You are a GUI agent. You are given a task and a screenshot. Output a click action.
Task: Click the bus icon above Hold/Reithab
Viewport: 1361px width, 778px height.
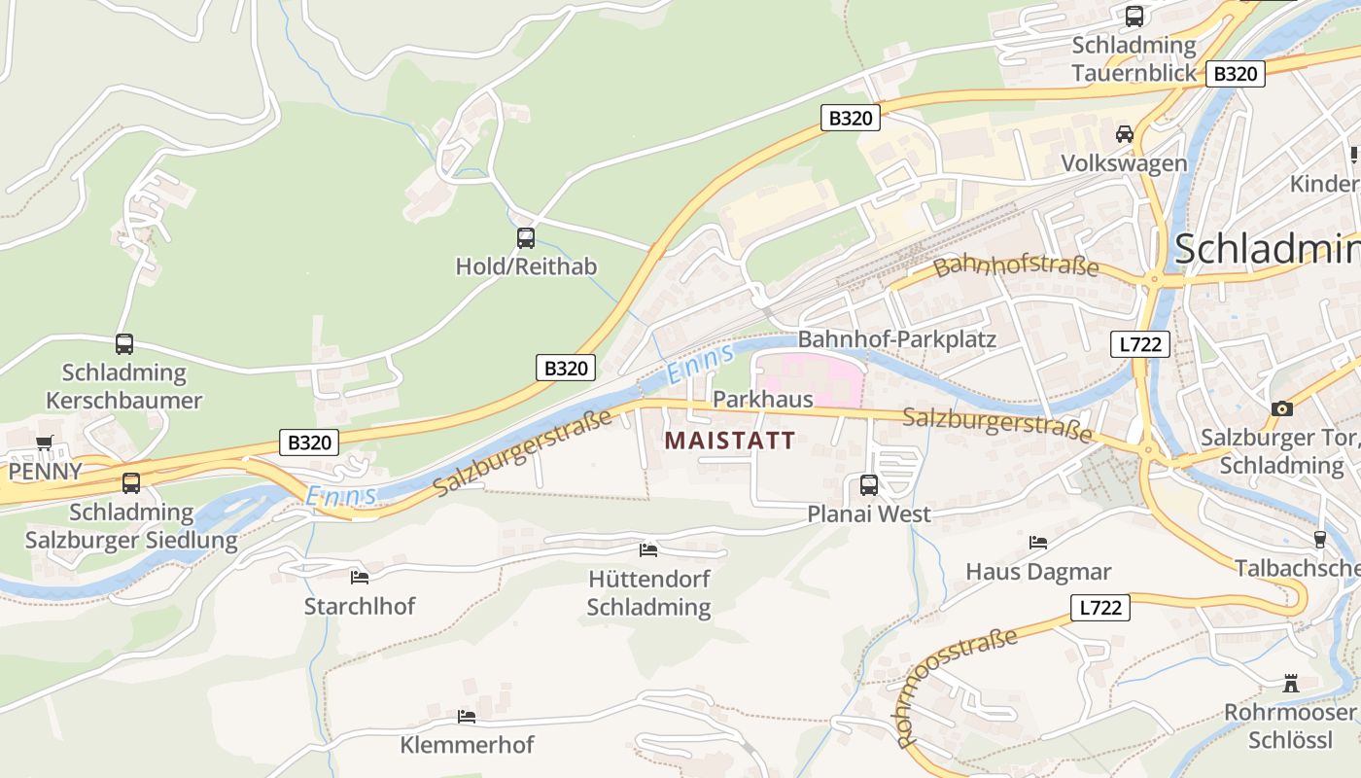point(525,237)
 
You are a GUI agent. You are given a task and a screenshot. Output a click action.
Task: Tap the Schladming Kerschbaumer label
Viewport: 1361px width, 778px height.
point(124,386)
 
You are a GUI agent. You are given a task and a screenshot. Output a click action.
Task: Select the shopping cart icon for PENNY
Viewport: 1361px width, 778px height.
point(44,443)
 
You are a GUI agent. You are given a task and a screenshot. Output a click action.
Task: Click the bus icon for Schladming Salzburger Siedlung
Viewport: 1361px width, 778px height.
point(130,482)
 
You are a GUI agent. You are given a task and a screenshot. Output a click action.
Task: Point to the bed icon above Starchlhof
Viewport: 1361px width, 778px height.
point(359,577)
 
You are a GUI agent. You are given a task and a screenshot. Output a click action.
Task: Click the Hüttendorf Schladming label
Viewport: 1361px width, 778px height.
point(649,593)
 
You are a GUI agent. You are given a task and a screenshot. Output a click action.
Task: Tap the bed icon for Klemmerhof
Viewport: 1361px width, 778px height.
point(467,717)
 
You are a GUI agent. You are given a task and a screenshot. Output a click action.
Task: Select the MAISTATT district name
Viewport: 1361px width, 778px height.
point(729,441)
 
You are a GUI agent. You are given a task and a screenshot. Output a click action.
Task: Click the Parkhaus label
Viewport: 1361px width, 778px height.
point(762,400)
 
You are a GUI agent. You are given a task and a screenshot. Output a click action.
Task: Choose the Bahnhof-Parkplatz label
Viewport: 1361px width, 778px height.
point(896,339)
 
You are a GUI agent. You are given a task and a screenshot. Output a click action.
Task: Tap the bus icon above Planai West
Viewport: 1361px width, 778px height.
point(869,484)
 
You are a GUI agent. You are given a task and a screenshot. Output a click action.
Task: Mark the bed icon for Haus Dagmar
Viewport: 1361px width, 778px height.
point(1038,542)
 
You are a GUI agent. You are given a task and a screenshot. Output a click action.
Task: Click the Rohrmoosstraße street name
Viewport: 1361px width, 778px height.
point(957,687)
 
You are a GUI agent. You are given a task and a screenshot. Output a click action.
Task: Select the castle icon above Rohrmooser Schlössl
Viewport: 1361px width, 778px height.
point(1290,683)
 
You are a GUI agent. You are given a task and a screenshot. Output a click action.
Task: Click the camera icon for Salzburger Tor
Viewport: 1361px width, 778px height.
point(1282,408)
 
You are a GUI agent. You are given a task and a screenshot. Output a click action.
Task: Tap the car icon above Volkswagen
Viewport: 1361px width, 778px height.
point(1125,134)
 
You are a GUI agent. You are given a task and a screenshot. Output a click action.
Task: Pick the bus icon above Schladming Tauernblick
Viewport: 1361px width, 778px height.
point(1134,17)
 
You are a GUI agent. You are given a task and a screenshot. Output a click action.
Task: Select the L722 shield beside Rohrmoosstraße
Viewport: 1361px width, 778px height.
point(1100,608)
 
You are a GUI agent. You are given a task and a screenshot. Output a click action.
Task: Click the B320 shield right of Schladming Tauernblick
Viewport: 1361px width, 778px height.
point(1236,74)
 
